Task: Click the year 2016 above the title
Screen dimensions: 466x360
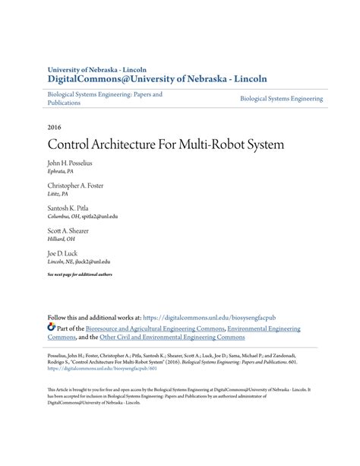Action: (55, 127)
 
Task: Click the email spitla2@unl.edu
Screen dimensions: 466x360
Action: (99, 216)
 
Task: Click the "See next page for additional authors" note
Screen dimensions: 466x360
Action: (80, 274)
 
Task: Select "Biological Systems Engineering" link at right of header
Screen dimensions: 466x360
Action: (281, 99)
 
